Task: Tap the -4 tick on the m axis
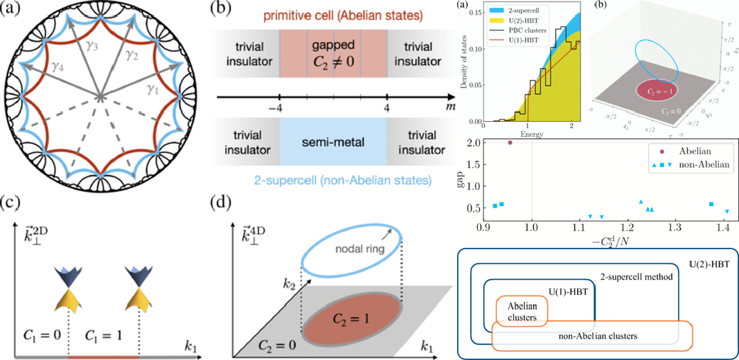tap(279, 109)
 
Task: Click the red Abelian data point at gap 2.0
tap(510, 143)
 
